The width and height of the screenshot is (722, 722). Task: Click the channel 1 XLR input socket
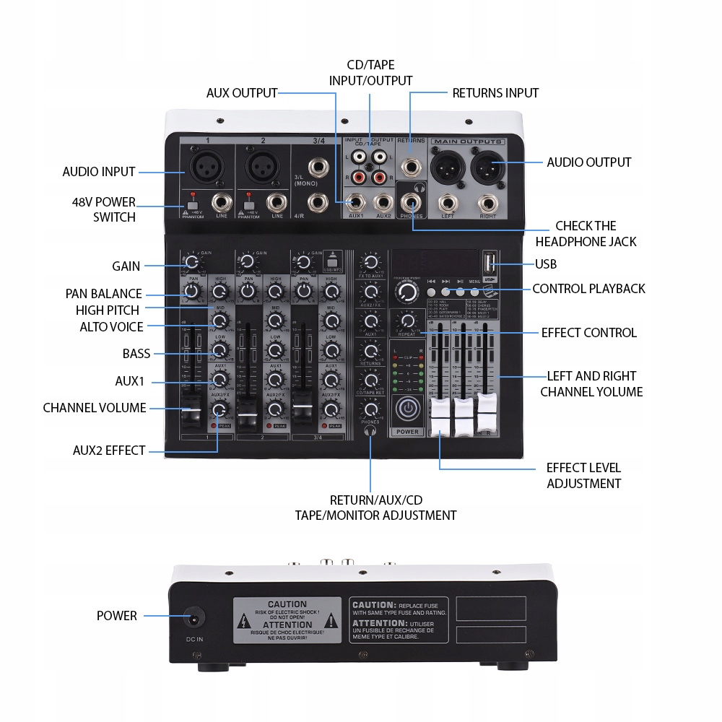(x=206, y=167)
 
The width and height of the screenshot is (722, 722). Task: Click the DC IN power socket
(x=193, y=619)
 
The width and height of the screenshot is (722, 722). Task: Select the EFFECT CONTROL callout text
(x=588, y=333)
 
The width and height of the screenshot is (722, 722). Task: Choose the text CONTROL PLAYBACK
(x=588, y=289)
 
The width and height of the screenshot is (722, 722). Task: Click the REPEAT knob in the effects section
(x=408, y=321)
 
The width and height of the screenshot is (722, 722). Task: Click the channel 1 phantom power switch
(x=192, y=206)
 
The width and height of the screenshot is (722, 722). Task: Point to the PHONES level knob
(x=370, y=409)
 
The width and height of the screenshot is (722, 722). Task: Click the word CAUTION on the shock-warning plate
(x=287, y=604)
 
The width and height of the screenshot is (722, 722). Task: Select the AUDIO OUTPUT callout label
(x=588, y=162)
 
